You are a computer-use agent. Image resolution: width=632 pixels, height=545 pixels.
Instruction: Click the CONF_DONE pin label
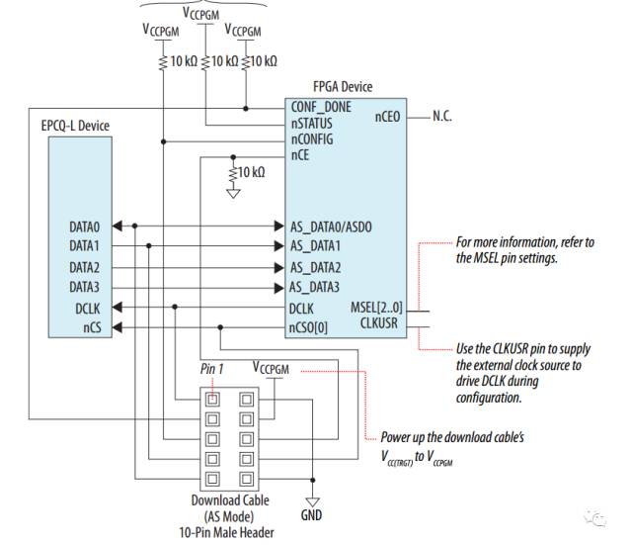click(321, 107)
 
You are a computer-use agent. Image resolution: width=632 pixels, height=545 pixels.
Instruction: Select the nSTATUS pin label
click(312, 123)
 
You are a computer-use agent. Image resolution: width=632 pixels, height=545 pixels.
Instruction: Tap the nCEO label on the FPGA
click(387, 117)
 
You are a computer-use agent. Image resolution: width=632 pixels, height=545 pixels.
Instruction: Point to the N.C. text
click(442, 117)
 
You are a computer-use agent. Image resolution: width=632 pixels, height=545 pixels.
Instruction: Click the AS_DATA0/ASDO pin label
click(331, 227)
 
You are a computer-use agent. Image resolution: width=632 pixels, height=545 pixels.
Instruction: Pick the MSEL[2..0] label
click(376, 308)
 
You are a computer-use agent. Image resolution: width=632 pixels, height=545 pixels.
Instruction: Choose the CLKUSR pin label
click(378, 323)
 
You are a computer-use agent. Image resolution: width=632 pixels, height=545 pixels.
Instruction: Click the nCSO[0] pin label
click(308, 327)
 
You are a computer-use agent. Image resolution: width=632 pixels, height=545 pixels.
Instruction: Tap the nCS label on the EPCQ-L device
click(92, 327)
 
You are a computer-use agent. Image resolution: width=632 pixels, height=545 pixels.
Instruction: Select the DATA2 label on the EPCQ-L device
click(84, 267)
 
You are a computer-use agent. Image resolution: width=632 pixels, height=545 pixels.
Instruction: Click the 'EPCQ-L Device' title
click(75, 126)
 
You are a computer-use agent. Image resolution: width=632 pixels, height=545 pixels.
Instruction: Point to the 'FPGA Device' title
click(343, 86)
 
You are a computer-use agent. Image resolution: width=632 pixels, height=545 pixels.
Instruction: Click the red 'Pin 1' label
click(211, 369)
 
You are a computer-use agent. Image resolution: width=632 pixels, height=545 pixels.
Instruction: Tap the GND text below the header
click(311, 515)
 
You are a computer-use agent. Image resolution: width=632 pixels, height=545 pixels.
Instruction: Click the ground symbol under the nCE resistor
click(233, 194)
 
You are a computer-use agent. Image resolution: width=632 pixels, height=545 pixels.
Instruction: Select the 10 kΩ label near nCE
click(252, 172)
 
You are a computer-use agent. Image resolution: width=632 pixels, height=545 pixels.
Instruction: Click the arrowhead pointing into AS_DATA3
click(278, 288)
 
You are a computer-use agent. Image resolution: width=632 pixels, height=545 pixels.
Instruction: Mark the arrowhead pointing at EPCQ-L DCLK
click(117, 308)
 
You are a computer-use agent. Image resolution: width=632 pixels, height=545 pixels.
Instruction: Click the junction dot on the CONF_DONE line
click(246, 109)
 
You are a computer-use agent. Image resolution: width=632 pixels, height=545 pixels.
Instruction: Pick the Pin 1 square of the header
click(212, 400)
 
